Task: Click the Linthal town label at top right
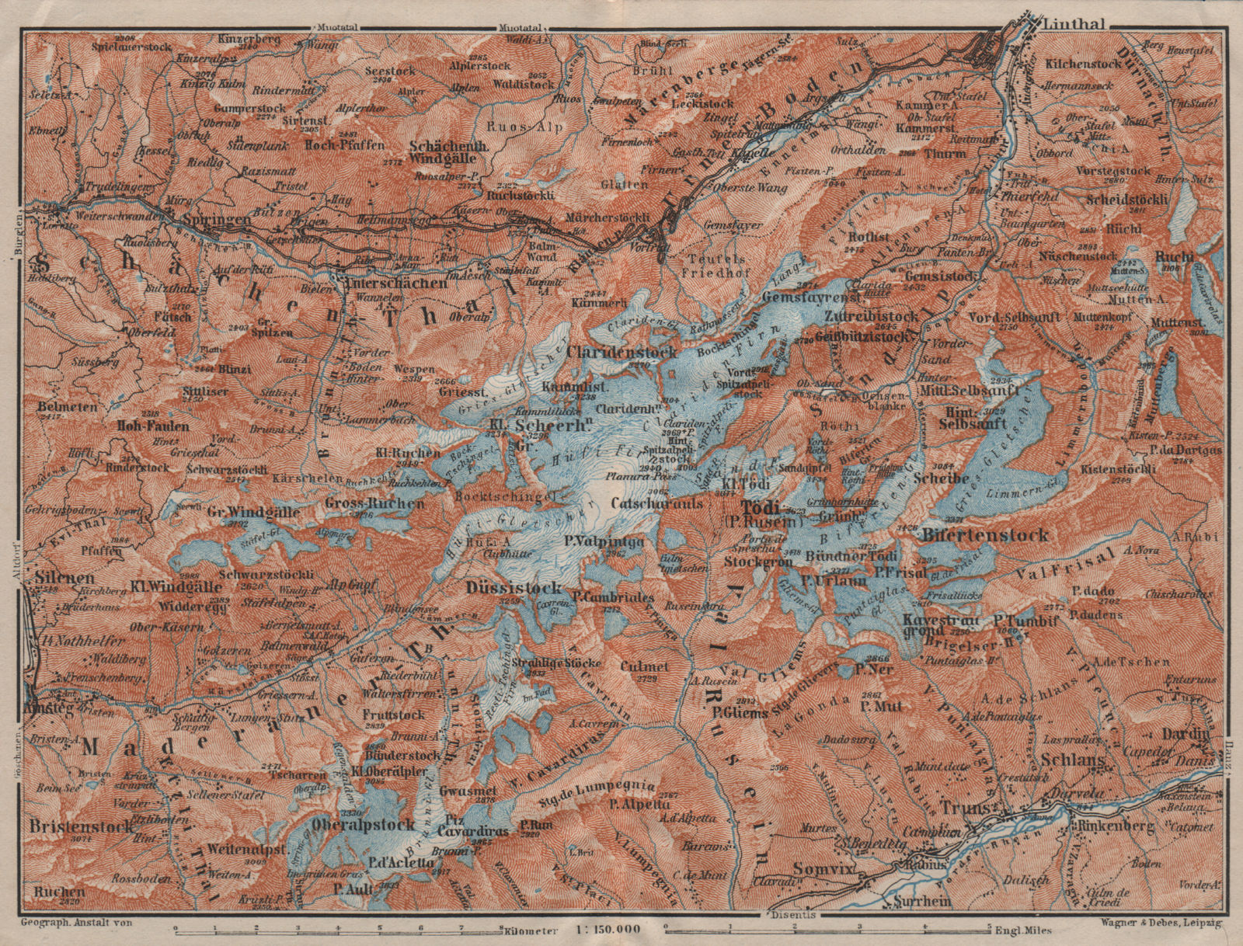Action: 1074,23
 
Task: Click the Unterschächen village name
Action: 395,283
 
